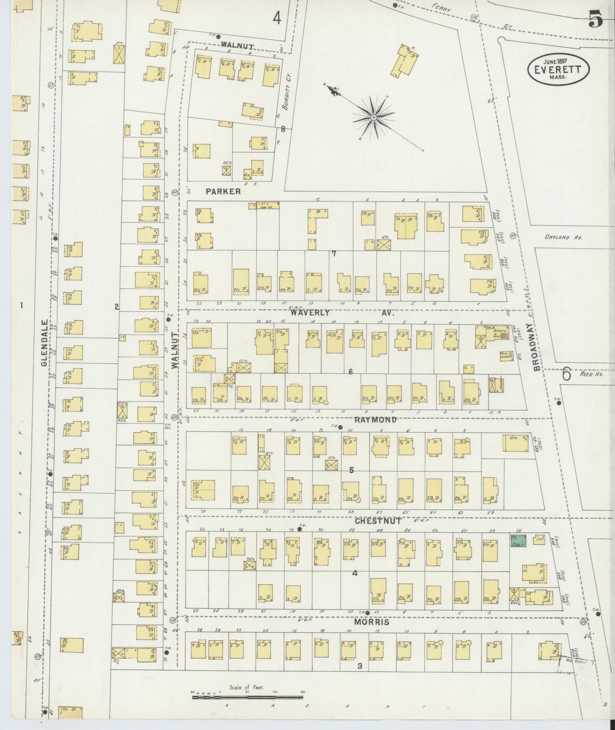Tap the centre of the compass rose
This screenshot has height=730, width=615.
(x=373, y=117)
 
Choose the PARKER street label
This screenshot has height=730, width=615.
(x=223, y=192)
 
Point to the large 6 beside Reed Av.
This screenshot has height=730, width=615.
(x=566, y=374)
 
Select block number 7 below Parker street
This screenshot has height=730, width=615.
(x=334, y=253)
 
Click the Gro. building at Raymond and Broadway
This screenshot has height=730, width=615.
(x=515, y=443)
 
